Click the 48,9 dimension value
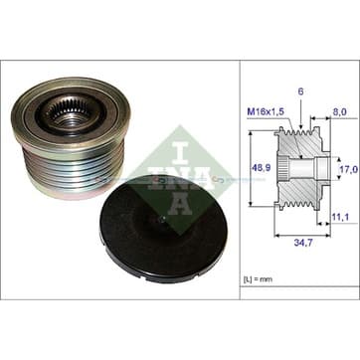point(262,168)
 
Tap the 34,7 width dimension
point(303,243)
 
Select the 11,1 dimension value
point(340,217)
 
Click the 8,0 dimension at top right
point(340,112)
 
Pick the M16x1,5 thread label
point(266,112)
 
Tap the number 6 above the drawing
point(300,92)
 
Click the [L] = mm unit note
point(258,279)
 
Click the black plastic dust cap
point(163,229)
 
